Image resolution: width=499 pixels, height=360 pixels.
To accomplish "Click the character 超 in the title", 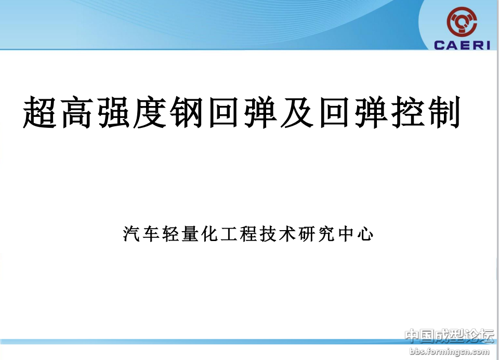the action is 40,112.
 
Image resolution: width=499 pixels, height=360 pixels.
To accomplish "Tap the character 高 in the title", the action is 76,112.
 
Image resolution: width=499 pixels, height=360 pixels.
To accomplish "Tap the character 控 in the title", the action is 409,112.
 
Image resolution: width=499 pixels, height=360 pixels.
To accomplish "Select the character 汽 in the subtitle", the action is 132,234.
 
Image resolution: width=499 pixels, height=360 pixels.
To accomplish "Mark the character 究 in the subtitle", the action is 327,234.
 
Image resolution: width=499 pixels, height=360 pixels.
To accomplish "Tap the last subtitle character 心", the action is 365,234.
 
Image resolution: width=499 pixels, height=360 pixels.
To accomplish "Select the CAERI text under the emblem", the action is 462,45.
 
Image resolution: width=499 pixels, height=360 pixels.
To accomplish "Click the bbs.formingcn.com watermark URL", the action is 449,352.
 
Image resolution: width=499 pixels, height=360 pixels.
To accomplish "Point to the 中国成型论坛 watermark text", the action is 449,336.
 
